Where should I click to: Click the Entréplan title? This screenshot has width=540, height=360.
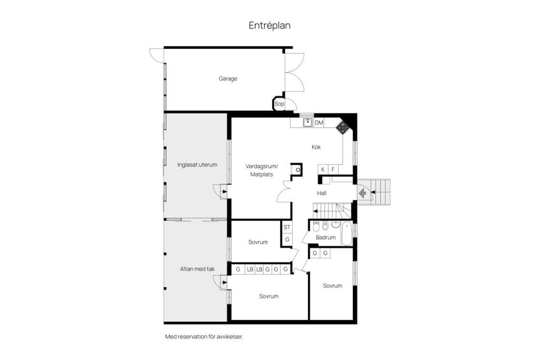269,25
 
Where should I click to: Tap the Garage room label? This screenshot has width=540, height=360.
228,79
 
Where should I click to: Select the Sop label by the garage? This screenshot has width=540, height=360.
280,103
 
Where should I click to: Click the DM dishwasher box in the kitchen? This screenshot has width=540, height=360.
319,123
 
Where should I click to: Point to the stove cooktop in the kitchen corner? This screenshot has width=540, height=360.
342,128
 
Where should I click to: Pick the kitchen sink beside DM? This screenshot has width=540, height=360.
308,123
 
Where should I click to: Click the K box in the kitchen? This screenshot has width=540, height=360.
323,169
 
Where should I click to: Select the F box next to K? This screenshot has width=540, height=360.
333,169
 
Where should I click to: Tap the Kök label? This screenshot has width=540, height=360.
316,147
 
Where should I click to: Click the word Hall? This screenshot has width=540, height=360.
322,193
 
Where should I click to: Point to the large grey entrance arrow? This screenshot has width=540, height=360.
362,193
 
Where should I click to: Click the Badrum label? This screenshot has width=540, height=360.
326,237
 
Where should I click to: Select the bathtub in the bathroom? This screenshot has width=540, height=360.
346,233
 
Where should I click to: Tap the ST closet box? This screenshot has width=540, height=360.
287,227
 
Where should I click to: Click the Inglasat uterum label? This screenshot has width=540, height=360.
197,165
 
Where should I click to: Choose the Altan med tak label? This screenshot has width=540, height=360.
197,269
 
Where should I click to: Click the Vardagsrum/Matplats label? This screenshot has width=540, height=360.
262,170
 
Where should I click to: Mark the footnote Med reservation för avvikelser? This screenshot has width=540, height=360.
204,337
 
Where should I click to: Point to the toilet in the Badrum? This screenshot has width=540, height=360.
316,227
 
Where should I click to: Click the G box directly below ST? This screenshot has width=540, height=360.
287,240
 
